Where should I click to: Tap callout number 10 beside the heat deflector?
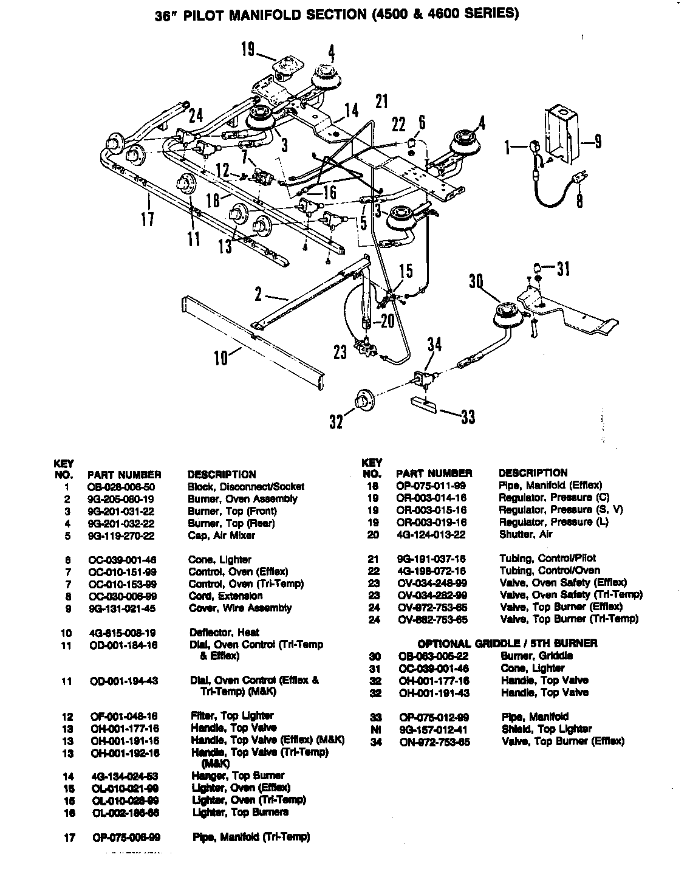point(221,357)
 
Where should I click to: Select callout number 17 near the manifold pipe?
point(148,217)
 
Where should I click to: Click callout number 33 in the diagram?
point(467,417)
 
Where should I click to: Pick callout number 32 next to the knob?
point(336,421)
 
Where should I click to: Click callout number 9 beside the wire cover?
point(598,142)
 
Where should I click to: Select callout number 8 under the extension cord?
point(580,200)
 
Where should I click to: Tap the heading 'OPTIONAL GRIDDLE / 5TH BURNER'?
point(507,644)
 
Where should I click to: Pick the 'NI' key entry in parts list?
point(375,729)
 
